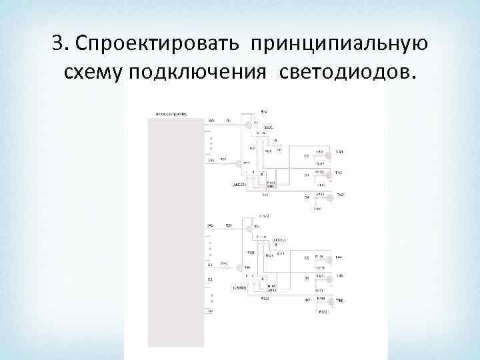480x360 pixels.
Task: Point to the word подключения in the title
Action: (196, 72)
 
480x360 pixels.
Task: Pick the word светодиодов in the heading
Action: (344, 72)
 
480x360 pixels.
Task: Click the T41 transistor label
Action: (339, 152)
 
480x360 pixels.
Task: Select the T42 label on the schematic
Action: (339, 173)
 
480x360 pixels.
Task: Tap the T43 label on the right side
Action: (339, 195)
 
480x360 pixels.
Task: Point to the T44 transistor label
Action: (339, 257)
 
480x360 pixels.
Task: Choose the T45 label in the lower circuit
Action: (339, 276)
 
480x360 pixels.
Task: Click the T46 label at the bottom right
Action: (339, 300)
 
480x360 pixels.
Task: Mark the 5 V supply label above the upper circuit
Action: (264, 111)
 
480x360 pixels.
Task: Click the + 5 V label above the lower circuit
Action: (263, 215)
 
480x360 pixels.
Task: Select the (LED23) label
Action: (239, 183)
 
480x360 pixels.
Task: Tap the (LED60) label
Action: (239, 288)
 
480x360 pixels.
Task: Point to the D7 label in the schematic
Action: (307, 300)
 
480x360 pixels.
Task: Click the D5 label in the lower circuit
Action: (307, 258)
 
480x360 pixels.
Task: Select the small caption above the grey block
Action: (171, 114)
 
